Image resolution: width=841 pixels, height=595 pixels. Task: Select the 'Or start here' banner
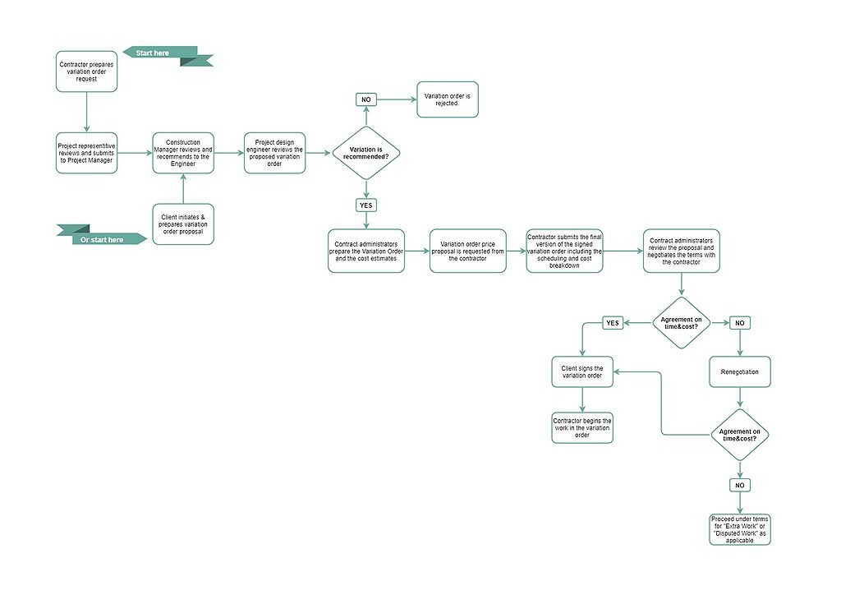click(x=103, y=239)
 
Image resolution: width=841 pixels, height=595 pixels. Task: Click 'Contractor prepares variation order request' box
click(x=87, y=71)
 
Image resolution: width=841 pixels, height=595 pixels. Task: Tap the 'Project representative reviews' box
click(x=86, y=153)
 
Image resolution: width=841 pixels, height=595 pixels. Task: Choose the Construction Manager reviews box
click(x=183, y=153)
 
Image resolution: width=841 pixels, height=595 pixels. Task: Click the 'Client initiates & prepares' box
click(x=183, y=224)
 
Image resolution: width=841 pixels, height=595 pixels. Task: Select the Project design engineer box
click(x=275, y=153)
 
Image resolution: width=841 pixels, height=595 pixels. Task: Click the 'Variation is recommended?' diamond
click(x=366, y=153)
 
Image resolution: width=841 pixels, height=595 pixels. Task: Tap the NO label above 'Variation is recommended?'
click(x=366, y=99)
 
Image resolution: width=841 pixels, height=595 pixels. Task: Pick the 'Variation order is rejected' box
click(x=448, y=99)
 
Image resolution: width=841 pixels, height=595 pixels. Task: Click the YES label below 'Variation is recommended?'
click(x=366, y=205)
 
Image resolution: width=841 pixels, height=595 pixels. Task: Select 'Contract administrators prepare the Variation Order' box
click(x=366, y=251)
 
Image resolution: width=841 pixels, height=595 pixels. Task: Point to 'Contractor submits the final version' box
click(x=566, y=251)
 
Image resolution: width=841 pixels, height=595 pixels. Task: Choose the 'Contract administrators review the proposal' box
click(x=682, y=251)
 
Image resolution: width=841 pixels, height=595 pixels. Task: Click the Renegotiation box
click(x=740, y=371)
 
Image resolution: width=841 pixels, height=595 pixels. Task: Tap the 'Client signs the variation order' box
click(x=582, y=372)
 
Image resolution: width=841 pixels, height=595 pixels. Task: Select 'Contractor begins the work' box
click(x=582, y=428)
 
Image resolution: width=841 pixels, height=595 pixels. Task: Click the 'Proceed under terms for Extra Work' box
click(x=740, y=528)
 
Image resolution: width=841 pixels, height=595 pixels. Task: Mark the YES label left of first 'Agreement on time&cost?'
click(x=613, y=323)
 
